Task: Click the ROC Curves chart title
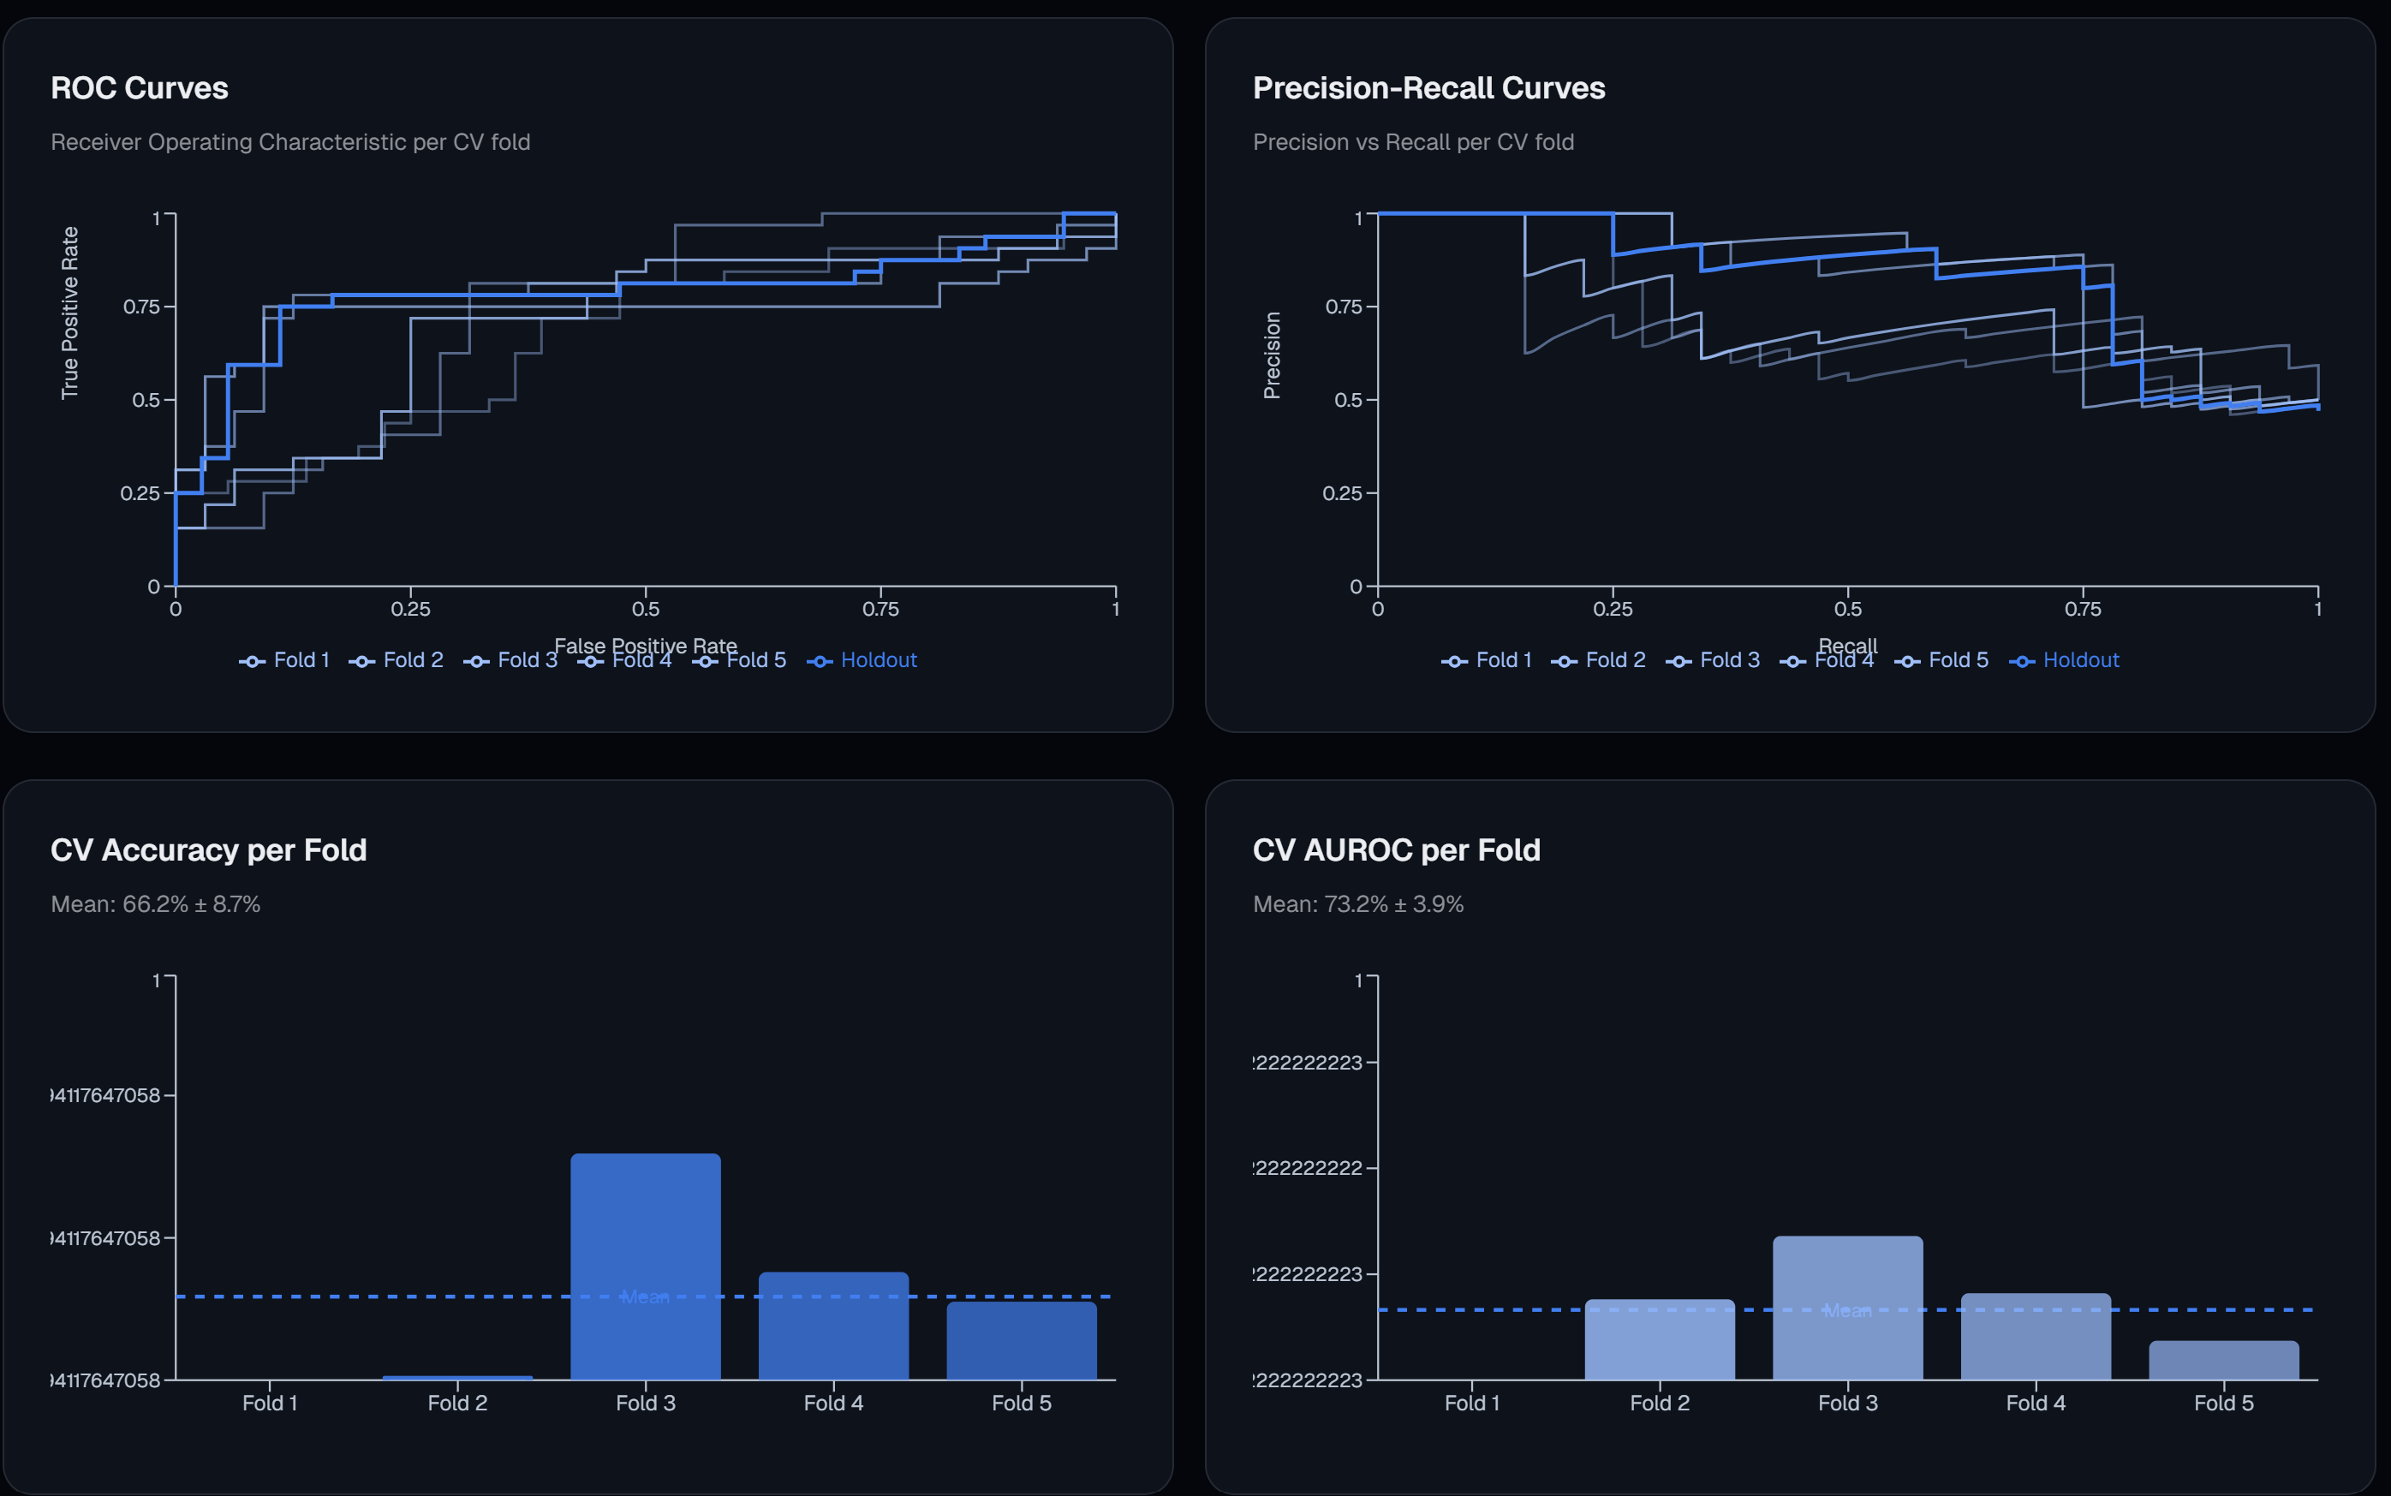pos(140,88)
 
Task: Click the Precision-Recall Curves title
pos(1428,88)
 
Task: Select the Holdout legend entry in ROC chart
pos(863,660)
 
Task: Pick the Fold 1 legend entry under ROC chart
pos(286,660)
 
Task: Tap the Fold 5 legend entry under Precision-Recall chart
pos(1942,660)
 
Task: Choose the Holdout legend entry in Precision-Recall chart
pos(2066,660)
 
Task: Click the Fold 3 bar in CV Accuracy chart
pos(645,1267)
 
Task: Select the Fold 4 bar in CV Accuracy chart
pos(833,1326)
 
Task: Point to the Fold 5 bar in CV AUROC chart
pos(2224,1361)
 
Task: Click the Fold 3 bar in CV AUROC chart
pos(1847,1306)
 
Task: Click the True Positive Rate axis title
pos(69,313)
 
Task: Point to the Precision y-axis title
pos(1273,355)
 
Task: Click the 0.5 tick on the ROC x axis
pos(646,610)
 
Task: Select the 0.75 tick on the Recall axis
pos(2083,610)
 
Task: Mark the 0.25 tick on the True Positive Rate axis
pos(140,492)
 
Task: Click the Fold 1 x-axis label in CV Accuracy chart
pos(269,1403)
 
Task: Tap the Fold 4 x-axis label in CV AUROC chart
pos(2036,1403)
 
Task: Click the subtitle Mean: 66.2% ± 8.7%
pos(155,904)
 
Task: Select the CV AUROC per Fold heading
pos(1396,850)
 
